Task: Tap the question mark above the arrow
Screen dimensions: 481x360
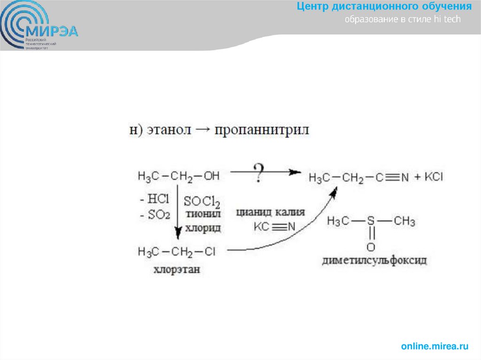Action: tap(258, 172)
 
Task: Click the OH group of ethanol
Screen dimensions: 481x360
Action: tap(211, 176)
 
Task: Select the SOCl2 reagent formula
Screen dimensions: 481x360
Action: tap(202, 202)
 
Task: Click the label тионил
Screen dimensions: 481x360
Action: tap(203, 215)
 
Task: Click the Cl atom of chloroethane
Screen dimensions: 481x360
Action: tap(210, 252)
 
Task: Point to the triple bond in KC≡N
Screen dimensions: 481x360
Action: tap(279, 227)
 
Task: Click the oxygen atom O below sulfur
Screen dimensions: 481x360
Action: tap(371, 246)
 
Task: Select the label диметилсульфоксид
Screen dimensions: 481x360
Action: tap(374, 260)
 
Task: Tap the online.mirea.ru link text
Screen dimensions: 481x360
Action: tap(434, 346)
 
